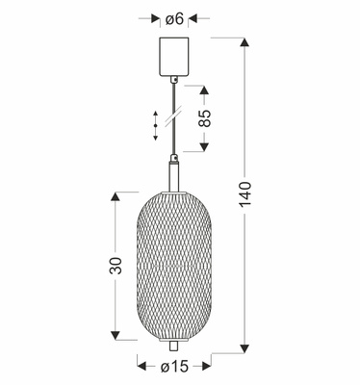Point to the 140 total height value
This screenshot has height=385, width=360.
pyautogui.click(x=247, y=198)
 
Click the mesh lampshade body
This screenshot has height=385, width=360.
pyautogui.click(x=174, y=265)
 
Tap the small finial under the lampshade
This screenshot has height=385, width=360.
pyautogui.click(x=174, y=344)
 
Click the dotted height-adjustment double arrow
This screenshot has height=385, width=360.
pyautogui.click(x=156, y=124)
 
